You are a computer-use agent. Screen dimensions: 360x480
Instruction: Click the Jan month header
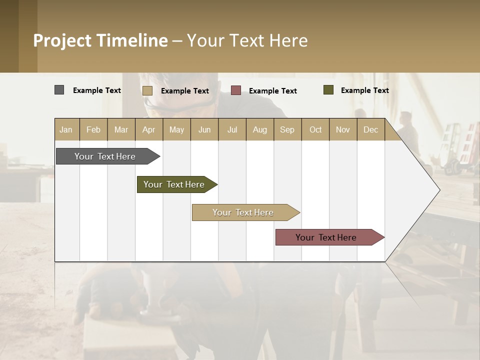click(x=66, y=129)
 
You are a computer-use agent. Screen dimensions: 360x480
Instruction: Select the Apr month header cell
click(x=148, y=129)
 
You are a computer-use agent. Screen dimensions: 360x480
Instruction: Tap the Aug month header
click(x=259, y=129)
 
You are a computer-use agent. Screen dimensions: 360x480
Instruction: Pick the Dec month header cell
click(x=370, y=129)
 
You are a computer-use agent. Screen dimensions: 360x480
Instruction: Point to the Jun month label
click(x=204, y=129)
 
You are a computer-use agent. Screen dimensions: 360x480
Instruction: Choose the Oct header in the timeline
click(x=315, y=129)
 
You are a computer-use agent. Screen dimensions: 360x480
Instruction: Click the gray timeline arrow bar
click(x=105, y=156)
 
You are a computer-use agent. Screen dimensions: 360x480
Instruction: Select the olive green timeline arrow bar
click(x=174, y=184)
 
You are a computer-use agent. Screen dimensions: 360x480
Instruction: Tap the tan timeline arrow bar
click(x=243, y=212)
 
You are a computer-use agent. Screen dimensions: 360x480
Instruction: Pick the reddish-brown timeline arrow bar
click(x=326, y=237)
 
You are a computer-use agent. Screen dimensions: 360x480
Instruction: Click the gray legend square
click(x=59, y=90)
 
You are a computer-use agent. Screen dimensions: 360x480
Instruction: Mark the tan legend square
click(x=147, y=90)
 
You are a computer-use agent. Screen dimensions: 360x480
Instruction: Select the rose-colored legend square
click(x=236, y=90)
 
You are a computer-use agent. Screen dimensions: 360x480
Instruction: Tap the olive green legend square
click(x=328, y=90)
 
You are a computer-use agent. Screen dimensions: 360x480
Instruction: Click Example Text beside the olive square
click(x=364, y=90)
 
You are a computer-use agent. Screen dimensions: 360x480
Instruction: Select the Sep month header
click(x=287, y=129)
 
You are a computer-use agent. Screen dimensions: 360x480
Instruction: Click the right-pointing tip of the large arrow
click(x=438, y=190)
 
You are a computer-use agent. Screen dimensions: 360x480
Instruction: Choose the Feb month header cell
click(x=93, y=129)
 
